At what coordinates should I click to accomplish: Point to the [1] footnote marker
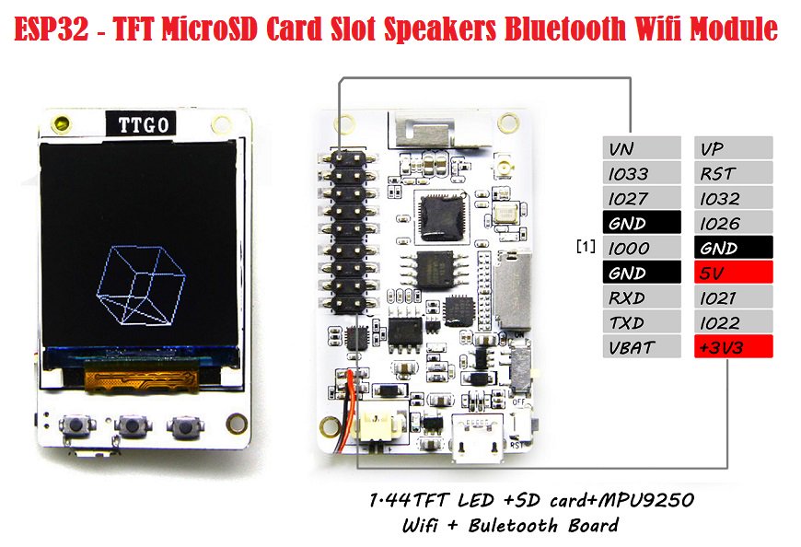(x=586, y=248)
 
